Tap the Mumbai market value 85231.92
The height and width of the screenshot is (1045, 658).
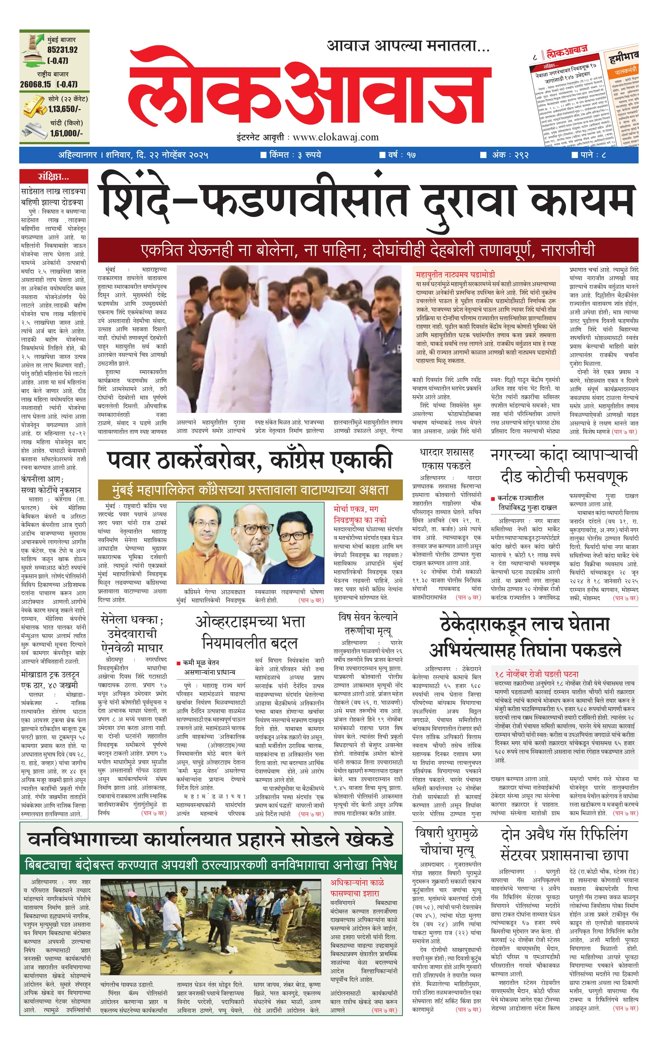click(62, 50)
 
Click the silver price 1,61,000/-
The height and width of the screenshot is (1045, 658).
click(66, 133)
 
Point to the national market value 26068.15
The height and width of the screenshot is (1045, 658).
click(35, 84)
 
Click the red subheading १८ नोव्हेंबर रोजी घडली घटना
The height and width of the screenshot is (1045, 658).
click(537, 674)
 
